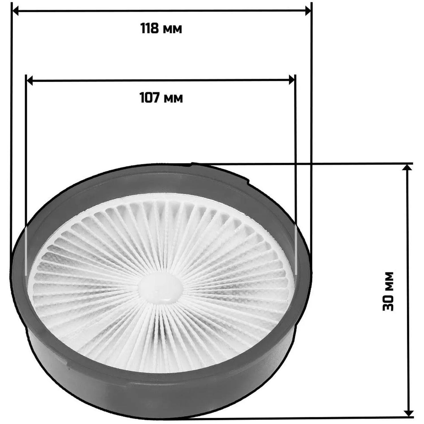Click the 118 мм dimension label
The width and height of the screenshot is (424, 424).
pyautogui.click(x=161, y=29)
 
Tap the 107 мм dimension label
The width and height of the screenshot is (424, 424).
pyautogui.click(x=161, y=98)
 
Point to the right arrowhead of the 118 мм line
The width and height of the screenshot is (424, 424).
pyautogui.click(x=308, y=11)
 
